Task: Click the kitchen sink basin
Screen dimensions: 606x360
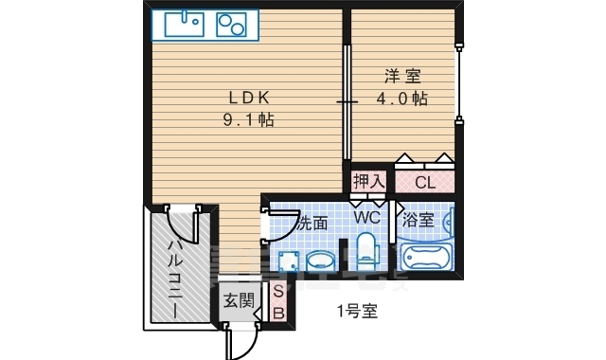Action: point(185,25)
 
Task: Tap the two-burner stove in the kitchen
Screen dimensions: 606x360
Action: point(231,25)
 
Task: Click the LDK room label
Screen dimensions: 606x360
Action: point(249,98)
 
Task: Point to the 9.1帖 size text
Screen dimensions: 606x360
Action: point(249,120)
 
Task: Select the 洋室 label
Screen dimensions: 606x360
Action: point(402,76)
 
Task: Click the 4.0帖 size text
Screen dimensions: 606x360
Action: point(402,99)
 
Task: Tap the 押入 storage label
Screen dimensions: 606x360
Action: point(369,181)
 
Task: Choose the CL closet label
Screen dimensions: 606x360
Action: point(425,183)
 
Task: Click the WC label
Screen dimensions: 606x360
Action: point(367,218)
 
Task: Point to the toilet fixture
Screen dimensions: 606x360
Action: point(365,250)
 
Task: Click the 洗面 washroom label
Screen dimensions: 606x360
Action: point(313,224)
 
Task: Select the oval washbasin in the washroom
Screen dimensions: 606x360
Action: point(320,261)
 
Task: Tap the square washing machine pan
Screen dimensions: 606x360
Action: point(289,261)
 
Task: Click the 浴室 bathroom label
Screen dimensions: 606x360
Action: point(418,220)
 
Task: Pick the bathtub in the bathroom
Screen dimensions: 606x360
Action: point(426,257)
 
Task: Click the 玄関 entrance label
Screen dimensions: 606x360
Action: point(240,300)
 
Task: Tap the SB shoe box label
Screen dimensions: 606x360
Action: point(278,302)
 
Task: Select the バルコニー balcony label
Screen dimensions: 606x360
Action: point(176,279)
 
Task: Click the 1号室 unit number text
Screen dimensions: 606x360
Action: point(358,311)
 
